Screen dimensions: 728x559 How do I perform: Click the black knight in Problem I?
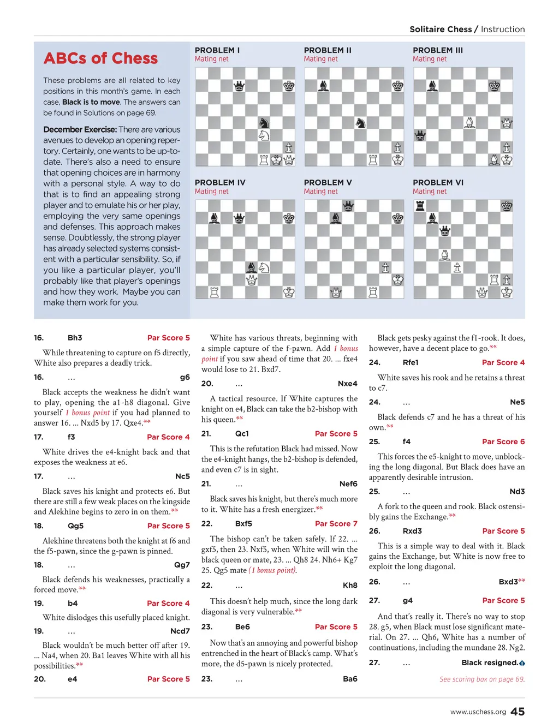tap(264, 123)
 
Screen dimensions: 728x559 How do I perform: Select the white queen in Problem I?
tap(277, 160)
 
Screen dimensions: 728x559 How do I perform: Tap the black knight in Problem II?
tap(360, 123)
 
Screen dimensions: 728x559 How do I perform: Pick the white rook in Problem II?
tap(373, 160)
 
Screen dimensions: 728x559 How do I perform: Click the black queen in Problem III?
tap(420, 135)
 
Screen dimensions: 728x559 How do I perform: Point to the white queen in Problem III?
tap(507, 123)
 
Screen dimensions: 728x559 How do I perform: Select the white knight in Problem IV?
tap(264, 267)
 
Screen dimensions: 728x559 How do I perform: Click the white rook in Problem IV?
tap(215, 292)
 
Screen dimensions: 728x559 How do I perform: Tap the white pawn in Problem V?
tap(385, 267)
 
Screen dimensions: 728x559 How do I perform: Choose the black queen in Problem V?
tap(348, 206)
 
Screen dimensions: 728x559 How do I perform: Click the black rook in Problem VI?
tap(420, 206)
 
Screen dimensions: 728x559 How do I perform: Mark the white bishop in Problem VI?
tap(445, 255)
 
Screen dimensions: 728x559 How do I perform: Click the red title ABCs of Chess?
tap(100, 58)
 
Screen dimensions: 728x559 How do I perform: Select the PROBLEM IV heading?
tap(220, 182)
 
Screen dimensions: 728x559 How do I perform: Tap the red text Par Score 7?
tap(336, 523)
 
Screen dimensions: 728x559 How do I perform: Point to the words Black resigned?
tap(490, 663)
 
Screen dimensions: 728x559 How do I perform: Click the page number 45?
tap(518, 712)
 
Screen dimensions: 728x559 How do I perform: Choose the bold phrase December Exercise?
tap(80, 129)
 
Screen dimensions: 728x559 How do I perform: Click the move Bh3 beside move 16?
tap(75, 338)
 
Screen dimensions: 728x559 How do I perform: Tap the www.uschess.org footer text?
tap(478, 712)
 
